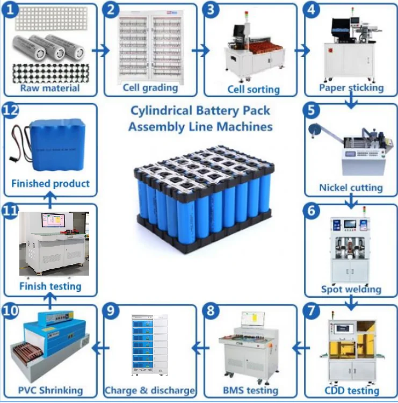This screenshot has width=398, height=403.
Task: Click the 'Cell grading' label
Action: click(x=150, y=87)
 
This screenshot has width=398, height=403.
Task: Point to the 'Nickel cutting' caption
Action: click(x=351, y=188)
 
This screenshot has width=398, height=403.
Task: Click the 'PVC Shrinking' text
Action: click(x=50, y=390)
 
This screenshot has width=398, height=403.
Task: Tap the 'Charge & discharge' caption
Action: click(x=150, y=390)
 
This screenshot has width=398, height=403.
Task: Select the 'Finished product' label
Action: click(x=50, y=183)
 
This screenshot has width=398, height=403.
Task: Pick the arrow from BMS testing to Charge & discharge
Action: click(x=200, y=348)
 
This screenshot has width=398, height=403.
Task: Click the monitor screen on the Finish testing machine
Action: click(x=53, y=220)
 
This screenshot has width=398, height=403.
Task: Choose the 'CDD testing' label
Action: click(x=352, y=390)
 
